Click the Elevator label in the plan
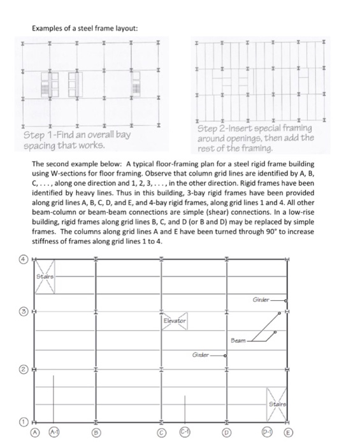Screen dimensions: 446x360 (x=173, y=320)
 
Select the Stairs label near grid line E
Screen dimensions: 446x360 (x=277, y=403)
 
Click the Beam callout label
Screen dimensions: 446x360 (x=238, y=340)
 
